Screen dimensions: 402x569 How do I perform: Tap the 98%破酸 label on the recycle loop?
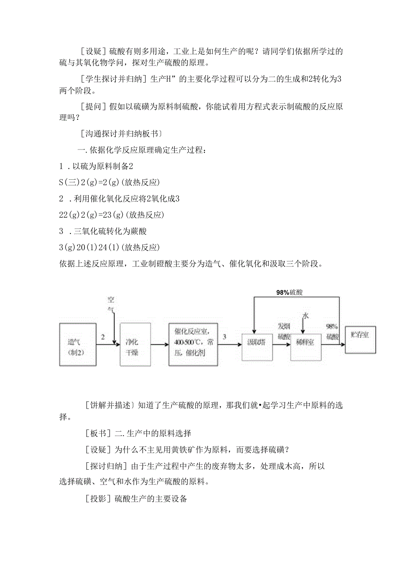[289, 293]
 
